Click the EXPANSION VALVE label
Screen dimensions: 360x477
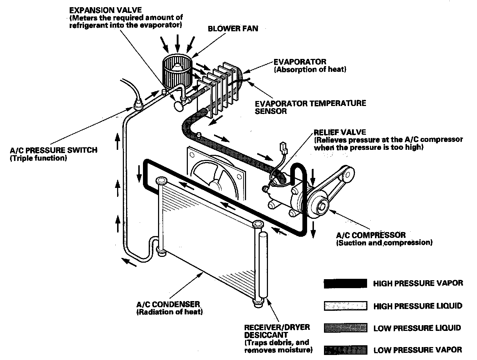click(106, 10)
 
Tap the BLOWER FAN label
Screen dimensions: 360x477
click(233, 29)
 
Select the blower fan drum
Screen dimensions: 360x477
click(176, 70)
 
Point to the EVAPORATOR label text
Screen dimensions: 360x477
click(300, 62)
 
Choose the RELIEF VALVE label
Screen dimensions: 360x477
click(340, 132)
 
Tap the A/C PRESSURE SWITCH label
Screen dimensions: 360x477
click(54, 150)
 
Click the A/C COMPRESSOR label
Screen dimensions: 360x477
click(371, 235)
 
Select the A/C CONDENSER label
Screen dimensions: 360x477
click(168, 304)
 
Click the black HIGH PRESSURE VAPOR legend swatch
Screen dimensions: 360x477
click(345, 283)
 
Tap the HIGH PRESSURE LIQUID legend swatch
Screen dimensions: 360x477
click(345, 306)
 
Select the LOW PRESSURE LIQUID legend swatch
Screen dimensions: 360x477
click(345, 328)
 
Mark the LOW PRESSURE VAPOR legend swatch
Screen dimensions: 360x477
click(345, 350)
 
